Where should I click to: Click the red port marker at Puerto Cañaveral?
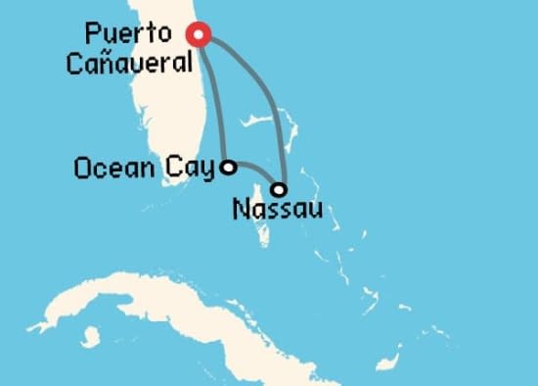pos(201,35)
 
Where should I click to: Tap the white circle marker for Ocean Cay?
pos(228,168)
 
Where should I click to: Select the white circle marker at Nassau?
pos(280,189)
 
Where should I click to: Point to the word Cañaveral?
pos(124,63)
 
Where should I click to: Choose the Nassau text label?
pos(277,209)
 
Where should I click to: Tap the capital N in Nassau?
pos(243,209)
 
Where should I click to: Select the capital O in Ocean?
pos(82,169)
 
